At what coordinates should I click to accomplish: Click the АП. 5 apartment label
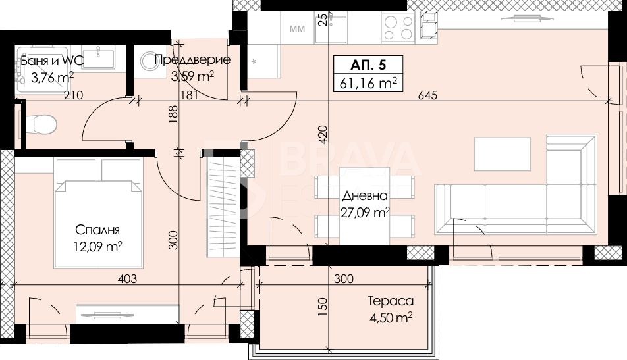click(x=368, y=65)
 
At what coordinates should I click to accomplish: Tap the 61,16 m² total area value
click(x=368, y=83)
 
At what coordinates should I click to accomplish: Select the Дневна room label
click(x=365, y=195)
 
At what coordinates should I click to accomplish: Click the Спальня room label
click(x=97, y=230)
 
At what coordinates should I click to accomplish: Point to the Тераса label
click(x=391, y=301)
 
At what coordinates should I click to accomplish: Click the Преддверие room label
click(x=192, y=60)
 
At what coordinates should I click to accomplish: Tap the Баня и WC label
click(x=52, y=61)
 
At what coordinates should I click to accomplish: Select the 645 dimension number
click(x=428, y=95)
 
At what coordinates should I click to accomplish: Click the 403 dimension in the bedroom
click(x=127, y=278)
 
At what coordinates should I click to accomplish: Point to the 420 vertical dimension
click(x=323, y=134)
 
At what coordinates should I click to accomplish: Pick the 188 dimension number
click(x=173, y=115)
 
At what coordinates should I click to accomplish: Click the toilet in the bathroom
click(x=40, y=124)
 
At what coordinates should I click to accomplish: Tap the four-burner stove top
click(x=398, y=27)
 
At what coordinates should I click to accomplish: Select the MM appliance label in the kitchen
click(x=296, y=28)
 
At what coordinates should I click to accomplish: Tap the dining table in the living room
click(x=364, y=206)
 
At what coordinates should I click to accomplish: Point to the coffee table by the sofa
click(x=503, y=154)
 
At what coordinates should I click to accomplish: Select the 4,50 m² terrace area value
click(x=391, y=318)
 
